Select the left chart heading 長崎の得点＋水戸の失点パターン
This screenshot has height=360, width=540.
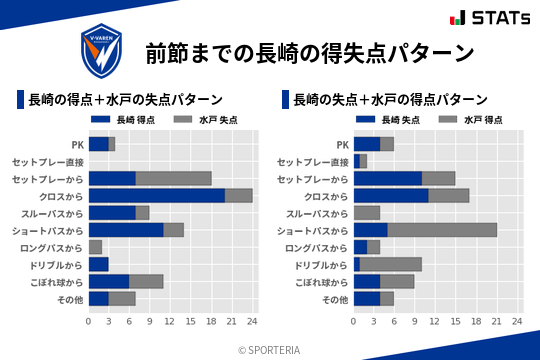(x=125, y=100)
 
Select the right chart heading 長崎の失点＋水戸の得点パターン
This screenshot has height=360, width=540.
(x=390, y=100)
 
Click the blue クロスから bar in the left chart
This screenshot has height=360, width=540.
(x=157, y=196)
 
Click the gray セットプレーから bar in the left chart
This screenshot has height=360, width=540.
(x=173, y=178)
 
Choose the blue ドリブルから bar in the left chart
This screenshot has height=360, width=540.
(x=99, y=264)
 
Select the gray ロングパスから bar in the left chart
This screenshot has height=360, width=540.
(x=95, y=247)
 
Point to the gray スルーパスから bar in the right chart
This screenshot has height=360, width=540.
(x=367, y=213)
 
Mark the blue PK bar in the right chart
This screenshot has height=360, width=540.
(x=367, y=144)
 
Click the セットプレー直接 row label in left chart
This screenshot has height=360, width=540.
(x=48, y=161)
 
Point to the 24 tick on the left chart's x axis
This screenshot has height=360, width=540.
(x=252, y=322)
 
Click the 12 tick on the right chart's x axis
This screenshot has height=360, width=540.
(x=435, y=322)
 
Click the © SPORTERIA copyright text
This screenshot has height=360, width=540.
(x=270, y=349)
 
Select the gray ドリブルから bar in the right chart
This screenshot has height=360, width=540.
(x=391, y=264)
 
